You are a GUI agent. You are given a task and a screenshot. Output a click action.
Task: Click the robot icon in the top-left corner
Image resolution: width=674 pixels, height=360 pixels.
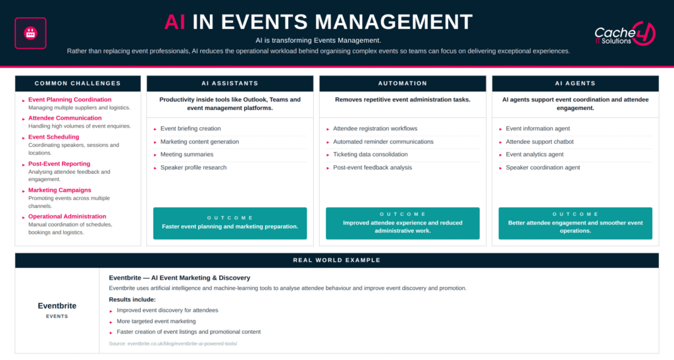tap(30, 33)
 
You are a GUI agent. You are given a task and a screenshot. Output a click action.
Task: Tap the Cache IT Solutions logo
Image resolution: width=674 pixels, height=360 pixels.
tap(625, 34)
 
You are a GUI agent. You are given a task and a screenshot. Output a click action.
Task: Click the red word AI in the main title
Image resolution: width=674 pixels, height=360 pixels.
tap(174, 22)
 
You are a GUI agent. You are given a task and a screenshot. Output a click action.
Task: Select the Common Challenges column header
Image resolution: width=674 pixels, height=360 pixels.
tap(78, 84)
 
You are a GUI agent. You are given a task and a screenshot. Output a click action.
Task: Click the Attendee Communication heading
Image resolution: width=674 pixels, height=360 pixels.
tap(65, 118)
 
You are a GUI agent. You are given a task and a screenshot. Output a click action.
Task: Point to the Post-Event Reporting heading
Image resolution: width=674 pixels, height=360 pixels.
tap(59, 164)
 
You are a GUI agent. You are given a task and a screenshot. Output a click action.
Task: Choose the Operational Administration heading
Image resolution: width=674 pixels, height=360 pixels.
tap(67, 217)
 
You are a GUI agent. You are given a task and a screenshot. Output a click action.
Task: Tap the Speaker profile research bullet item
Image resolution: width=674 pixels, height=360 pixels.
tap(194, 168)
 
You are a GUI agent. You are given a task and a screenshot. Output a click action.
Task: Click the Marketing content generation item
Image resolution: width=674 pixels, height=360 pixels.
tap(199, 141)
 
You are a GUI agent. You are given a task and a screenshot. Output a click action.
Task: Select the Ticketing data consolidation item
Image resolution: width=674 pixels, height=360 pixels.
tap(370, 154)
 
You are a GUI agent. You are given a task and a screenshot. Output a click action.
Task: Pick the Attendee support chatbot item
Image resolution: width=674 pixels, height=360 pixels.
tap(540, 141)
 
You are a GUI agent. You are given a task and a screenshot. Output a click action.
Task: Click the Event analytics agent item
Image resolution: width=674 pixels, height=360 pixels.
tap(534, 154)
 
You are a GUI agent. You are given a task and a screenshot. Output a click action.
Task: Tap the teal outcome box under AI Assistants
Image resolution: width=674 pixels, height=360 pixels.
tap(230, 223)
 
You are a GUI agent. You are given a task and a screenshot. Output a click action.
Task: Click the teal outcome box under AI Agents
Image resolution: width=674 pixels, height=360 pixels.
tap(575, 223)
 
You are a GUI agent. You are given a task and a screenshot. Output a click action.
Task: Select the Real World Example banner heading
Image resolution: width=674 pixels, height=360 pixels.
tap(337, 261)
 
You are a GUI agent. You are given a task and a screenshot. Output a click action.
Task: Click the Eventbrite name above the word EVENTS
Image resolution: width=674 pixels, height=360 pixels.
tap(57, 306)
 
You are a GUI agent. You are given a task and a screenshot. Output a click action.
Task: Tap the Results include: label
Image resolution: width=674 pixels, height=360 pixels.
tap(132, 299)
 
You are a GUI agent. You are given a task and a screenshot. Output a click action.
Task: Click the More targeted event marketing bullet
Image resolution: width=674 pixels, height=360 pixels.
tap(156, 321)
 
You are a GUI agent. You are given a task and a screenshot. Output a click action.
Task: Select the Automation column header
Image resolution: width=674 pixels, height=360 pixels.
tap(403, 84)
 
